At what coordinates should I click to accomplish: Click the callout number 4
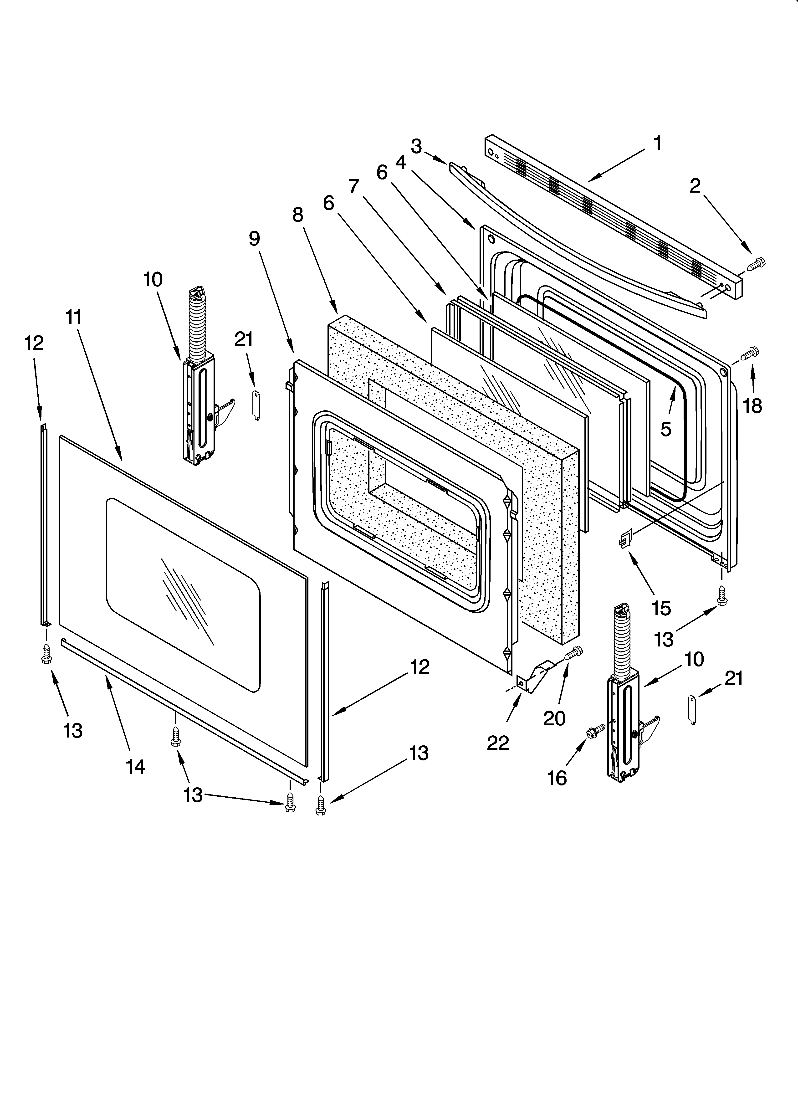tap(400, 162)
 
